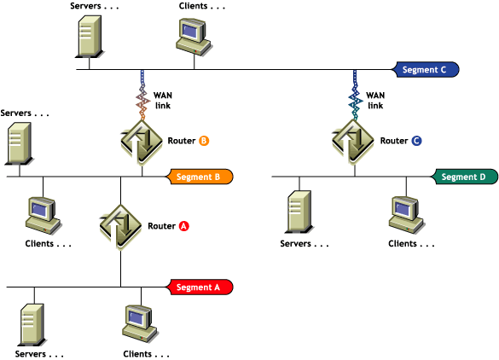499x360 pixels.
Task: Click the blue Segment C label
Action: click(426, 69)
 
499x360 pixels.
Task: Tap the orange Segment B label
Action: click(200, 177)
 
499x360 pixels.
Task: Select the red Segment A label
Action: click(200, 287)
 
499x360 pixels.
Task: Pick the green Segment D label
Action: click(465, 177)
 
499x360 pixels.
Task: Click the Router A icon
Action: click(120, 227)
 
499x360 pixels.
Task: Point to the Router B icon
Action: click(142, 142)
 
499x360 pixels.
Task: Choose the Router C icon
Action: click(353, 142)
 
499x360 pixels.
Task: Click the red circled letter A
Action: click(184, 226)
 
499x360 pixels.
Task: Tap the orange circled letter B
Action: click(204, 141)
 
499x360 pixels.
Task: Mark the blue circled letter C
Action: click(416, 141)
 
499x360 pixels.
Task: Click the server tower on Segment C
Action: click(90, 37)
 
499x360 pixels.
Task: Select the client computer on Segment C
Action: click(194, 37)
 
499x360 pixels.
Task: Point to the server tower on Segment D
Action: click(299, 212)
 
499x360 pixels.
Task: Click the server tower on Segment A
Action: click(32, 325)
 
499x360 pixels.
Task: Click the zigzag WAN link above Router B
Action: click(142, 95)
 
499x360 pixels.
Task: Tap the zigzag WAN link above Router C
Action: click(355, 95)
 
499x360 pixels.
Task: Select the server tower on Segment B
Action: click(20, 143)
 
